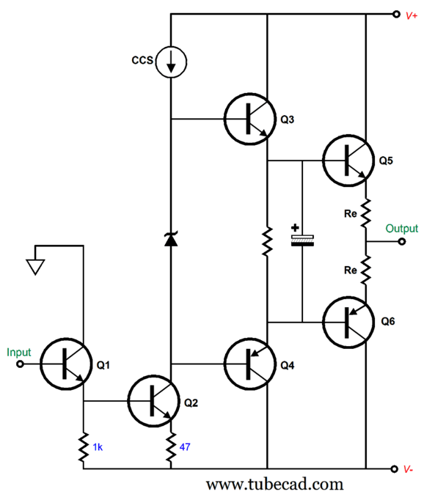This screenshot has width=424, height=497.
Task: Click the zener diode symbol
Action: (x=171, y=239)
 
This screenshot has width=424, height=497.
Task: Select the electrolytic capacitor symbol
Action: (x=302, y=240)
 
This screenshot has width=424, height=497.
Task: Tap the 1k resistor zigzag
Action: (x=84, y=447)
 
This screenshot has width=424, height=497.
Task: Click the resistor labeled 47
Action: (x=171, y=447)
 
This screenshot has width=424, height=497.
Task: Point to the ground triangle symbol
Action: (x=35, y=267)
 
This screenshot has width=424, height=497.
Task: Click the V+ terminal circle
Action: (x=396, y=14)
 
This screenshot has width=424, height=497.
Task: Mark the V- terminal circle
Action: (x=394, y=469)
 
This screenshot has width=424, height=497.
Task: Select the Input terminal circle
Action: (x=20, y=364)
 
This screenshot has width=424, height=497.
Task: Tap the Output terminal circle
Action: (x=402, y=241)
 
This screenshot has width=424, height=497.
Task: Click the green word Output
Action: (x=401, y=229)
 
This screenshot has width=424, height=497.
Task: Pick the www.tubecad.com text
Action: (x=274, y=485)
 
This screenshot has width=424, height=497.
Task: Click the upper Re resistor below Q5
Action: (x=366, y=213)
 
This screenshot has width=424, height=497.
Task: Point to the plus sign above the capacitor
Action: (x=295, y=227)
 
